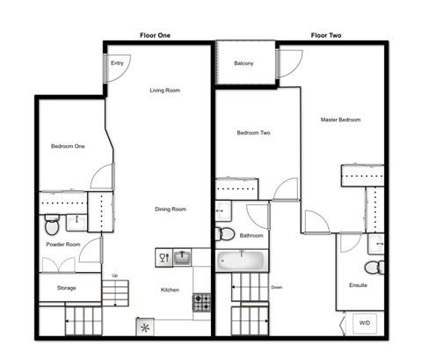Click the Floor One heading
pyautogui.click(x=155, y=35)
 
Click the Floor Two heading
pyautogui.click(x=325, y=35)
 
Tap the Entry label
pyautogui.click(x=117, y=63)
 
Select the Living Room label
pyautogui.click(x=164, y=90)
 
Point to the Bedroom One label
pyautogui.click(x=68, y=146)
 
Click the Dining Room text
pyautogui.click(x=171, y=209)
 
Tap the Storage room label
pyautogui.click(x=67, y=288)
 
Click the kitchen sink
pyautogui.click(x=182, y=257)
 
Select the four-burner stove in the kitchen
pyautogui.click(x=201, y=302)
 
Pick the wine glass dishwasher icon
pyautogui.click(x=163, y=257)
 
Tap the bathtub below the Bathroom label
pyautogui.click(x=242, y=261)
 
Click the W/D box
pyautogui.click(x=363, y=323)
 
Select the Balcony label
pyautogui.click(x=244, y=63)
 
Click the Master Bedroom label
pyautogui.click(x=340, y=120)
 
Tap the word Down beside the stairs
pyautogui.click(x=277, y=286)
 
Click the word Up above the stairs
pyautogui.click(x=113, y=276)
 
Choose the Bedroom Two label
pyautogui.click(x=253, y=134)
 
